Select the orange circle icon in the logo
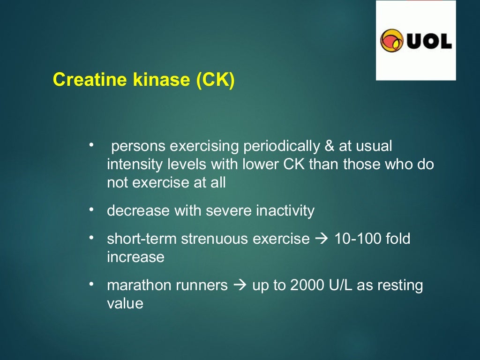coord(392,41)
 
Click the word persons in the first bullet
coord(139,147)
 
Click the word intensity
coord(133,165)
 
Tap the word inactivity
coord(285,211)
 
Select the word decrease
coord(139,211)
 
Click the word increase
coord(135,257)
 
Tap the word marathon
coord(136,285)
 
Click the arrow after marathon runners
coord(240,285)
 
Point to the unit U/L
coord(341,285)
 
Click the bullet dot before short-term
coord(92,238)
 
